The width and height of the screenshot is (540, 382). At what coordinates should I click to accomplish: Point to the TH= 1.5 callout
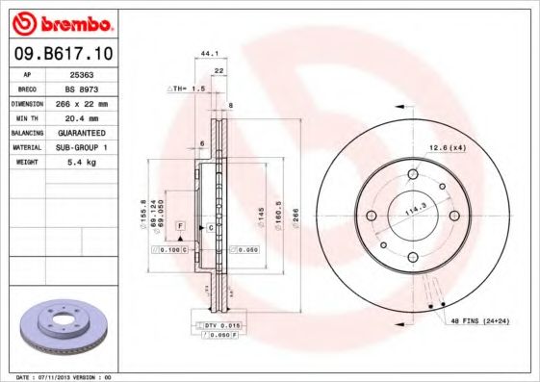coord(190,88)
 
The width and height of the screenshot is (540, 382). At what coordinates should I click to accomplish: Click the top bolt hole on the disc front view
coord(413,174)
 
